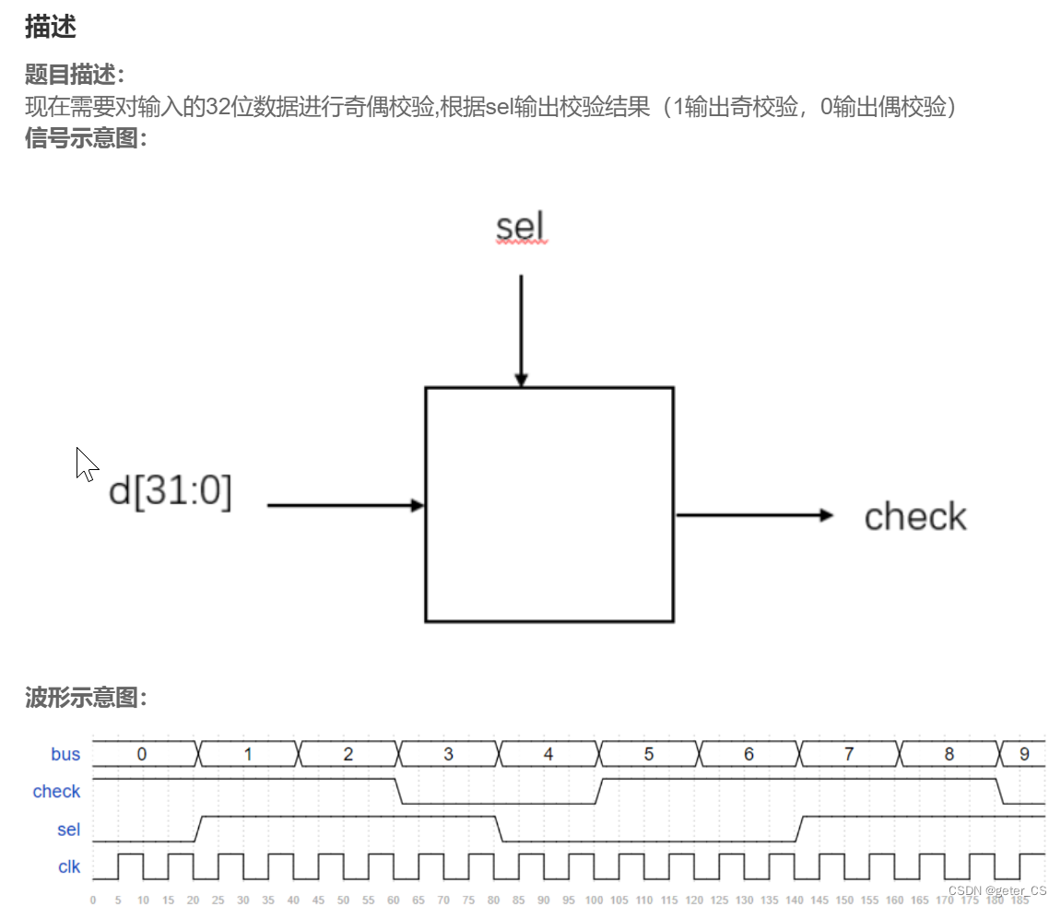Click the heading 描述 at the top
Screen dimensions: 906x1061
coord(50,28)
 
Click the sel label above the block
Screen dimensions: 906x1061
coord(521,226)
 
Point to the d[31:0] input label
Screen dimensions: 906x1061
coord(171,492)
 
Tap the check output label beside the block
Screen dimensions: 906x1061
coord(915,517)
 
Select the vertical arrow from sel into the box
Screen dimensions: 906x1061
coord(521,330)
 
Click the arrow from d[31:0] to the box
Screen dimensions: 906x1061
coord(345,505)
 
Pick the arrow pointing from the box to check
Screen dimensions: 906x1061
coord(754,515)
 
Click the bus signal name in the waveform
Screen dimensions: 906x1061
coord(65,754)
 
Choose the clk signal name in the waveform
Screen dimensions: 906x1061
coord(69,867)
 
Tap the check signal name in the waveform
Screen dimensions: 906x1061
coord(56,792)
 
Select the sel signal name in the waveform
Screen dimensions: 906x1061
coord(69,830)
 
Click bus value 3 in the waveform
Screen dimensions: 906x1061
coord(448,754)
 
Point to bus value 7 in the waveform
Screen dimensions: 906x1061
coord(849,754)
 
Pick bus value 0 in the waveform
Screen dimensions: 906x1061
coord(141,754)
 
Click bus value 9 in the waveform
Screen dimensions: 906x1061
coord(1024,754)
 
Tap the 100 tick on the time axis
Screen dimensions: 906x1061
coord(594,900)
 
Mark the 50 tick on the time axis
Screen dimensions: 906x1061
coord(343,900)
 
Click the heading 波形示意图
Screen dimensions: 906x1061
coord(86,698)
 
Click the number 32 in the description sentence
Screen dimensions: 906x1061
coord(205,107)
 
